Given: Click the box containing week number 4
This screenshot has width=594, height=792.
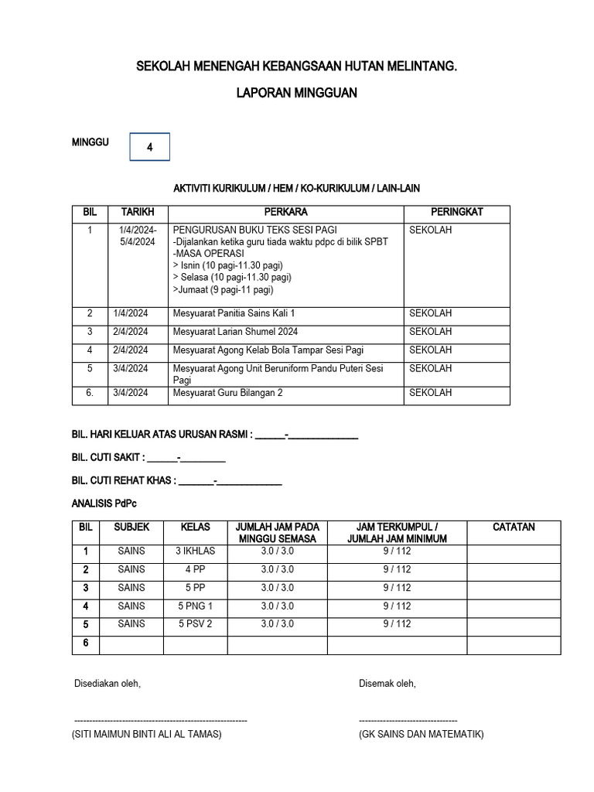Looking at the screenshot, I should tap(149, 147).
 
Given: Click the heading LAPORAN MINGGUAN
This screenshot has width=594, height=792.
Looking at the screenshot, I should tap(296, 93).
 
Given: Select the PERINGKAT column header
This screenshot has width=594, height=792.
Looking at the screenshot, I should tap(456, 212).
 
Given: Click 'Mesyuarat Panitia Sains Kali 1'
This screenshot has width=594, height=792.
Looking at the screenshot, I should tap(234, 313).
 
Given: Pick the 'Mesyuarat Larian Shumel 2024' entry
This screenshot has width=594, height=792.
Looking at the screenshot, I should tap(235, 332).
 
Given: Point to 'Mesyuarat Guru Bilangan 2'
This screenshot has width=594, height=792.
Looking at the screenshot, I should tap(227, 393).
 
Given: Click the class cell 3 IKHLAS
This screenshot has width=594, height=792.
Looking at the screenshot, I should tap(195, 551).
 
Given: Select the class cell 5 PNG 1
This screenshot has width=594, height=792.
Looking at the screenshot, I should tap(195, 606).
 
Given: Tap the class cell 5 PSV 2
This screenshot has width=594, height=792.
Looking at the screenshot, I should tap(195, 624).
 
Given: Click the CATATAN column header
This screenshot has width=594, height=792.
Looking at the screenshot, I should tap(514, 527).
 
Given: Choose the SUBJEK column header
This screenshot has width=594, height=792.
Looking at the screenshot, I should tap(131, 527).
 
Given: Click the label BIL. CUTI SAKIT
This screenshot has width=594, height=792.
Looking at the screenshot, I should tap(108, 458).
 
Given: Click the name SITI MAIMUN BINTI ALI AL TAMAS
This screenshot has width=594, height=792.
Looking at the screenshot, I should tap(147, 734).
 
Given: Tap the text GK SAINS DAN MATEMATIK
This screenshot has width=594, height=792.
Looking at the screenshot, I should tap(421, 734).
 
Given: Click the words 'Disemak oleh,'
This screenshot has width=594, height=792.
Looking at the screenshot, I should tap(387, 684).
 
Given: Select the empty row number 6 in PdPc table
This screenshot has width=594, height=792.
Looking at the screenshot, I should tap(86, 643).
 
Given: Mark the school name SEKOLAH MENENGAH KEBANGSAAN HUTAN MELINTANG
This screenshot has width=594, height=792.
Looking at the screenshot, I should tap(296, 67).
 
